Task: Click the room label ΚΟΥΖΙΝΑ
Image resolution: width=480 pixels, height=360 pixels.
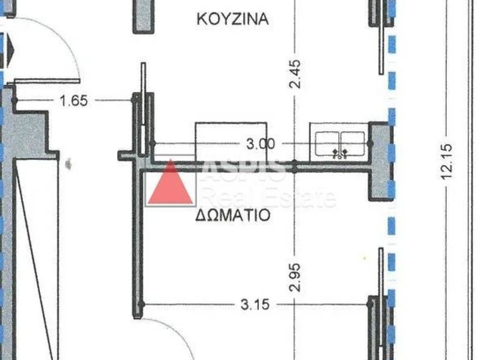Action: tap(232, 19)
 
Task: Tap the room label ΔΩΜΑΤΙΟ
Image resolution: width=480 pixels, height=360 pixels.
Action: tap(232, 215)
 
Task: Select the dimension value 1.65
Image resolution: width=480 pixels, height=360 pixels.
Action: tap(74, 100)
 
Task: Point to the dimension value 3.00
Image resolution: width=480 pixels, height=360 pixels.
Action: tap(261, 144)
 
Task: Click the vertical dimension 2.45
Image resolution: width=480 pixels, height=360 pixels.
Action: tap(295, 74)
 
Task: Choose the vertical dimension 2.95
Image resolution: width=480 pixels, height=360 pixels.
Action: tap(295, 277)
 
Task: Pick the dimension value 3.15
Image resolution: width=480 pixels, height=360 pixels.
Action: tap(255, 305)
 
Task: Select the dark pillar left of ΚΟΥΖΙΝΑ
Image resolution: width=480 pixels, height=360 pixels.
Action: tap(143, 16)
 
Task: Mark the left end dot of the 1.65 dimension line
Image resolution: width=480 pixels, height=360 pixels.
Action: tap(15, 100)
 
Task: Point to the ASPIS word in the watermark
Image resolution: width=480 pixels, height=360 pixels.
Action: tap(244, 169)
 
